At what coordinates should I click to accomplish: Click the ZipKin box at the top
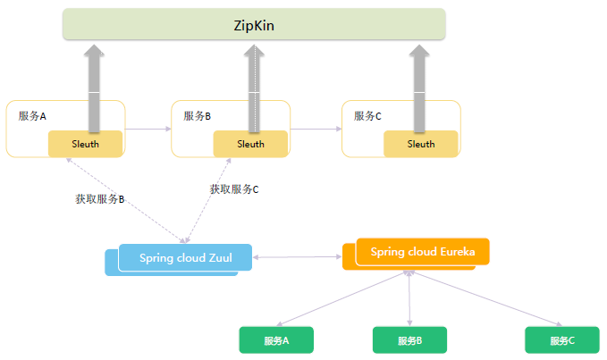[254, 24]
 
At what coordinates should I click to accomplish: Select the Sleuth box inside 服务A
[86, 144]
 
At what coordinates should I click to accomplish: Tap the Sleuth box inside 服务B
[250, 144]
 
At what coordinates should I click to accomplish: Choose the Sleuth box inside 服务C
[421, 144]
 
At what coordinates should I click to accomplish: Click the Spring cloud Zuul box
[185, 258]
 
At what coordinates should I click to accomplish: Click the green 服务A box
[276, 340]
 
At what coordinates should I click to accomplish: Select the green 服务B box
[409, 340]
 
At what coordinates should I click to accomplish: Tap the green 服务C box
[562, 340]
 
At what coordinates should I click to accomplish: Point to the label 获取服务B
[99, 198]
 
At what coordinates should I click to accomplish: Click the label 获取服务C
[234, 189]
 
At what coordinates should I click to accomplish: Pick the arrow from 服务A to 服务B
[148, 130]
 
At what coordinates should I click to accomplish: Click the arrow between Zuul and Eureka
[297, 258]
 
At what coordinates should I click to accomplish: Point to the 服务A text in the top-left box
[32, 116]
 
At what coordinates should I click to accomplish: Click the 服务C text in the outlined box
[367, 116]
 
